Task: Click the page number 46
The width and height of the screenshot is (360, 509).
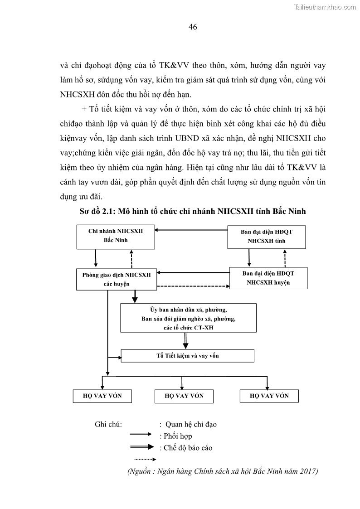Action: (192, 27)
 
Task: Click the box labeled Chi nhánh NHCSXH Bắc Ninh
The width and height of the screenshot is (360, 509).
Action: (116, 236)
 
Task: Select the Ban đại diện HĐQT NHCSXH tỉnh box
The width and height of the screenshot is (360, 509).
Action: (266, 236)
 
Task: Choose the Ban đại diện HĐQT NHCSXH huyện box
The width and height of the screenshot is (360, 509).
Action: (268, 278)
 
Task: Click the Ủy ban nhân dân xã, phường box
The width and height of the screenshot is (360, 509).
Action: (188, 318)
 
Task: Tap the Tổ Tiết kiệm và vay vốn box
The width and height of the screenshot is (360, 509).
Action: (187, 355)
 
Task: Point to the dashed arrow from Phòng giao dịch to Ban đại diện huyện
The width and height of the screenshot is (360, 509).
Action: (190, 286)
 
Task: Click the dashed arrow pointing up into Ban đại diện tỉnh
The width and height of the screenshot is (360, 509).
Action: (285, 258)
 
